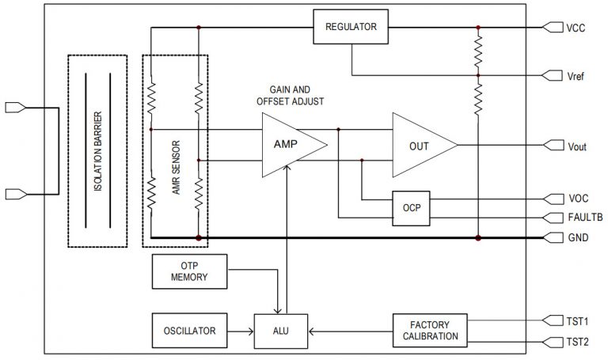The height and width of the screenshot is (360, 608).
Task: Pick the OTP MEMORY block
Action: point(188,271)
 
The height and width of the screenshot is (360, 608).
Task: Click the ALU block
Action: point(281,330)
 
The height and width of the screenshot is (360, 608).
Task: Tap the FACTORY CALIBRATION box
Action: point(435,330)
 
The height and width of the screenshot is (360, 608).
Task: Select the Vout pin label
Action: point(578,146)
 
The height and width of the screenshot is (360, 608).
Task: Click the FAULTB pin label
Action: point(583,218)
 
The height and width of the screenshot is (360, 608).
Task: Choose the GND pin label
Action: point(578,237)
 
